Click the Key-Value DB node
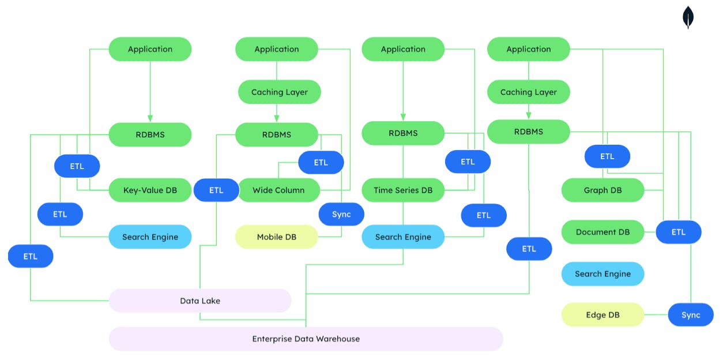[150, 190]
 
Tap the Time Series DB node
[403, 190]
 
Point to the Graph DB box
[602, 190]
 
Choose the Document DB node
[602, 232]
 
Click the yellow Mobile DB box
[276, 237]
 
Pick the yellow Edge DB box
[602, 315]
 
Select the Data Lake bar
[200, 301]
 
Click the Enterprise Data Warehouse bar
[306, 339]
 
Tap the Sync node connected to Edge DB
[690, 315]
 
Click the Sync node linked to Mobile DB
[341, 214]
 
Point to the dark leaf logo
[688, 17]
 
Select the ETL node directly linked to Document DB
[679, 232]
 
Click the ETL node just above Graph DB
[607, 156]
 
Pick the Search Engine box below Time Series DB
[403, 237]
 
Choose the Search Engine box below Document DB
[602, 274]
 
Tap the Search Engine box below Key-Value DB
[150, 237]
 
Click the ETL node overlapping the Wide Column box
[216, 190]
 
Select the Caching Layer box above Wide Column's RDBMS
[279, 92]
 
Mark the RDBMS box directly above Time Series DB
[403, 133]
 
